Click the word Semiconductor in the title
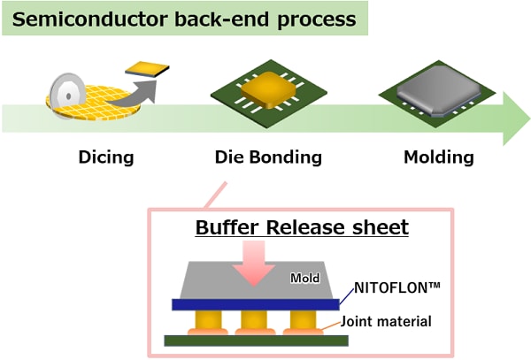(x=90, y=19)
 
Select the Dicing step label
(x=106, y=157)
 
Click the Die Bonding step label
(x=268, y=157)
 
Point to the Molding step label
(x=439, y=157)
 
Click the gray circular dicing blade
(x=67, y=95)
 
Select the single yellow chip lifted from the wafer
(x=147, y=69)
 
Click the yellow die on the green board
(x=268, y=90)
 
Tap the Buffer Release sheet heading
(x=302, y=227)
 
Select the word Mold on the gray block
(x=305, y=278)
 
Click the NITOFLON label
(x=397, y=288)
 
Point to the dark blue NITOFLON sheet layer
(x=256, y=304)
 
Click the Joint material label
(x=386, y=321)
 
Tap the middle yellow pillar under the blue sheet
(x=254, y=319)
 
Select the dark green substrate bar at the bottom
(x=257, y=341)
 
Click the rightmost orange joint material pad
(x=303, y=332)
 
